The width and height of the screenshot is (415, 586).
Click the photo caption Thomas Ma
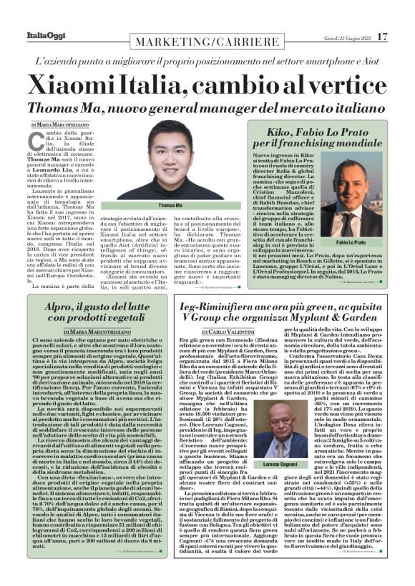(x=170, y=205)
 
